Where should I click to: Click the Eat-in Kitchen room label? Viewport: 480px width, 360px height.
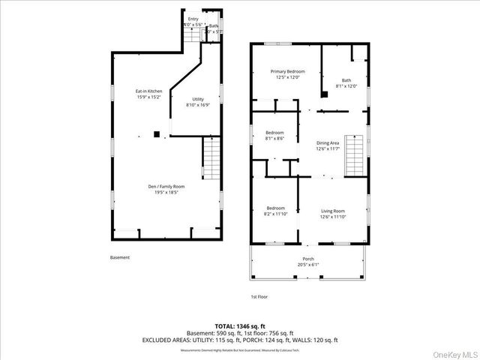(149, 91)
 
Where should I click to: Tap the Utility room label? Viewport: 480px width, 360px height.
(198, 99)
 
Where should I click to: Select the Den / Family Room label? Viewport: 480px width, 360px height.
(169, 186)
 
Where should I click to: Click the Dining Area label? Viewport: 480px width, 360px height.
(328, 142)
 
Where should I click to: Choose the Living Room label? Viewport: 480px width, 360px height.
(333, 211)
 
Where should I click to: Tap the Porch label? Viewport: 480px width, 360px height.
(309, 258)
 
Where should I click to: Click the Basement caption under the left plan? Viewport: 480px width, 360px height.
(119, 257)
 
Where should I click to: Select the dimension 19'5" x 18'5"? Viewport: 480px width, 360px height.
(169, 193)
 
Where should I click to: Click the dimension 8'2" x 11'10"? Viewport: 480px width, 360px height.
(275, 214)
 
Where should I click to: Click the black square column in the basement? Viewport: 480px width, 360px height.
(157, 134)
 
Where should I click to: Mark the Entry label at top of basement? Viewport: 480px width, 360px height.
(193, 19)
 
